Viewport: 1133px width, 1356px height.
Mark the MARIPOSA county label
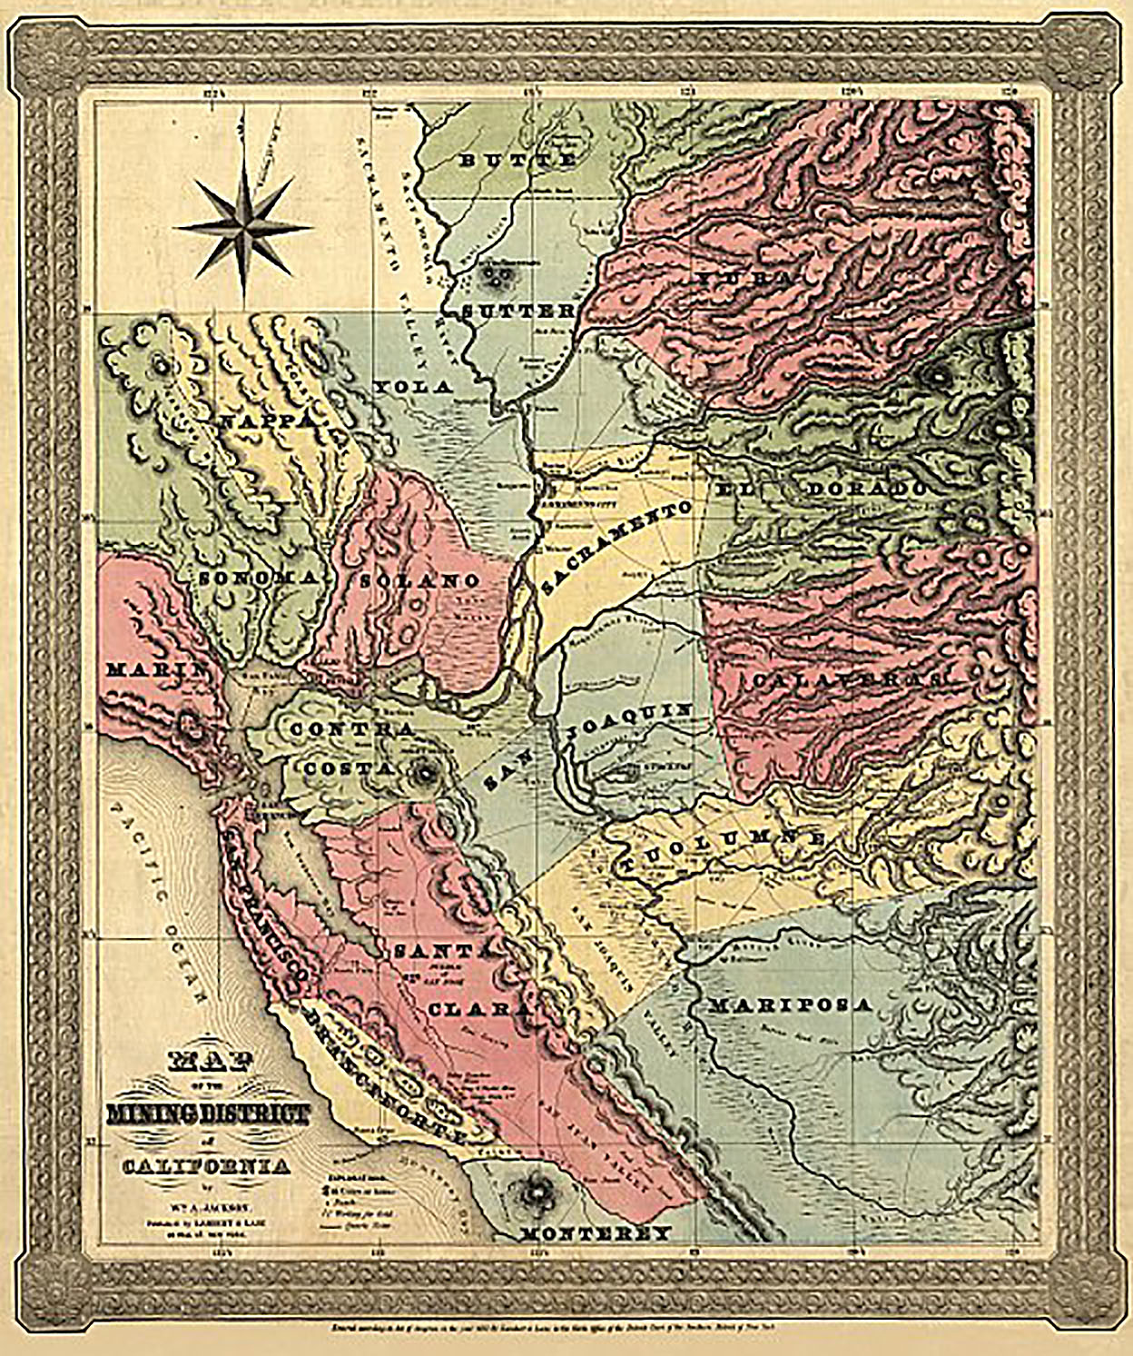(790, 1005)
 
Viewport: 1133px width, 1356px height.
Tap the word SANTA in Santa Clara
(441, 951)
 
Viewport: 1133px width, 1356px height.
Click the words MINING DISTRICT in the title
(208, 1114)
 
